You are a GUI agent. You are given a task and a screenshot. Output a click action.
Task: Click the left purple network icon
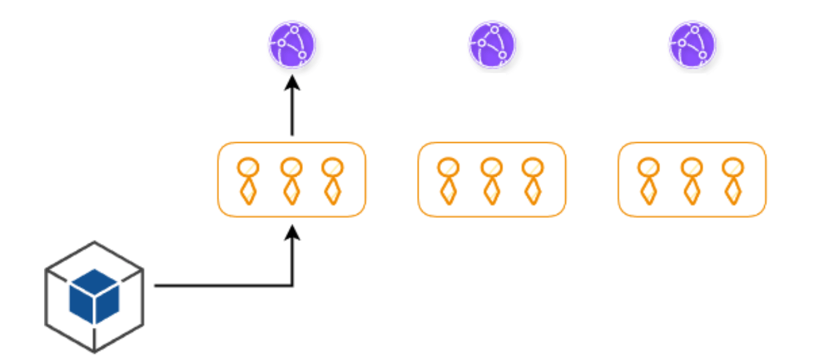click(x=292, y=45)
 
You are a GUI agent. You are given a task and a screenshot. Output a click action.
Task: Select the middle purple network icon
click(x=492, y=45)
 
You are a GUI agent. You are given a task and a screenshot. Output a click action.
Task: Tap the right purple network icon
click(x=692, y=45)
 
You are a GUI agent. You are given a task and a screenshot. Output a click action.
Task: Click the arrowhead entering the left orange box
click(x=292, y=231)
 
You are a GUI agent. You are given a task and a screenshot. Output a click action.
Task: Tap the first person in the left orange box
click(x=247, y=180)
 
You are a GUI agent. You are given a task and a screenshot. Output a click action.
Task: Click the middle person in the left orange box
click(x=290, y=180)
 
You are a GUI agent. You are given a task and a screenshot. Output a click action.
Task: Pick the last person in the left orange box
click(x=332, y=180)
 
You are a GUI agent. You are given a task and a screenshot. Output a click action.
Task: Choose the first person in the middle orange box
click(x=448, y=180)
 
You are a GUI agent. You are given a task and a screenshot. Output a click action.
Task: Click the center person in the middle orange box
click(x=491, y=180)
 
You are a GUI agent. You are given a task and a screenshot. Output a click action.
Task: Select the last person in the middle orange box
click(x=533, y=180)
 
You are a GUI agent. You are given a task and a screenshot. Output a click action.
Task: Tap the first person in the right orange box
click(x=647, y=180)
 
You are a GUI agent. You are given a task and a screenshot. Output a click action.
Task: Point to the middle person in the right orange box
click(x=691, y=180)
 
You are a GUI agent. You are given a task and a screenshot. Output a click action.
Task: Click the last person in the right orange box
click(x=733, y=180)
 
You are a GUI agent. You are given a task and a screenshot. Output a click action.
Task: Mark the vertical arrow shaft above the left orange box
click(x=292, y=113)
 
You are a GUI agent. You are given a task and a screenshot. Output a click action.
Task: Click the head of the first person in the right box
click(x=647, y=167)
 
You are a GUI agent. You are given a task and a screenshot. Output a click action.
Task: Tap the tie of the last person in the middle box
click(x=533, y=191)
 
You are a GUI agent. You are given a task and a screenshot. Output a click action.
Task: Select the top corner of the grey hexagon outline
click(x=94, y=242)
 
